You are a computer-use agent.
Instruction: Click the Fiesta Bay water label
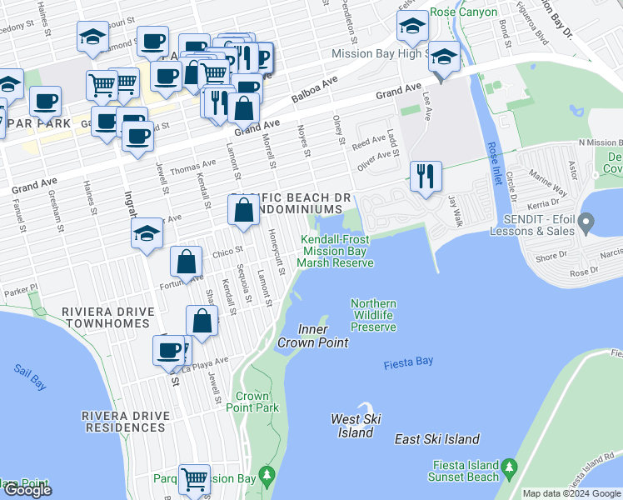click(x=409, y=363)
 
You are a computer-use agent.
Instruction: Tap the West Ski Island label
click(x=356, y=425)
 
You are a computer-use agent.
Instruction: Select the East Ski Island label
click(x=436, y=439)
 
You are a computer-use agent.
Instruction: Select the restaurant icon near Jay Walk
click(x=425, y=176)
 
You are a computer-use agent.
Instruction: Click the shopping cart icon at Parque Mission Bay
click(x=194, y=480)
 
